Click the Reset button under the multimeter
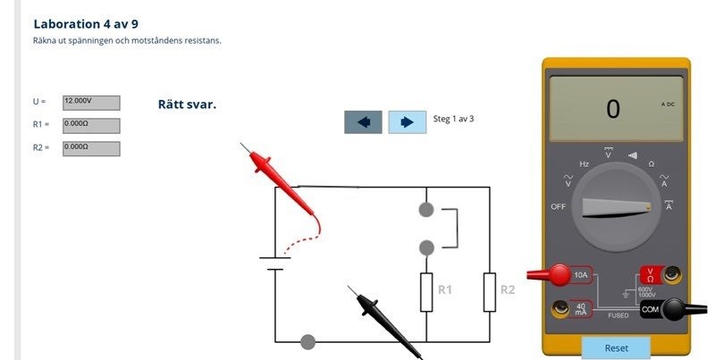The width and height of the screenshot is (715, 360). pos(616,347)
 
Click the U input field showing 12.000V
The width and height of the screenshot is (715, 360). pos(91,103)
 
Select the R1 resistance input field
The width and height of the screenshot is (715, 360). pos(91,125)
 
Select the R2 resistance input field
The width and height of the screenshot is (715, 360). pos(91,148)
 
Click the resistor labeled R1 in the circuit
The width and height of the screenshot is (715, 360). pos(426,292)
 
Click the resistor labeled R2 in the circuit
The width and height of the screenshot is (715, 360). pos(490,292)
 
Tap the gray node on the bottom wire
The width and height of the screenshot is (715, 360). pos(308,341)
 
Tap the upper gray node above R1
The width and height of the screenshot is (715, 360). pos(426,210)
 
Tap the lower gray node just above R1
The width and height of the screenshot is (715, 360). pos(426,247)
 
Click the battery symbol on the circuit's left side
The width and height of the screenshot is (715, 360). pos(274,264)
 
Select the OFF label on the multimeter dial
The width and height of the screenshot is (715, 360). pos(559,206)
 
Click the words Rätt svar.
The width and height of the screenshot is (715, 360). pos(187,105)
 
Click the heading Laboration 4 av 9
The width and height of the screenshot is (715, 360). pos(86,23)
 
